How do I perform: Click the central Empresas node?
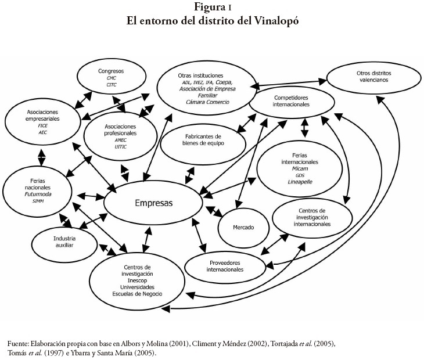(153, 203)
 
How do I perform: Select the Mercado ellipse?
(244, 227)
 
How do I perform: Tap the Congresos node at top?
(111, 78)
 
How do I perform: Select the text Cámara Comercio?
(207, 102)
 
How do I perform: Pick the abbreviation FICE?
(42, 125)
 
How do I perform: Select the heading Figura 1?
(211, 7)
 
